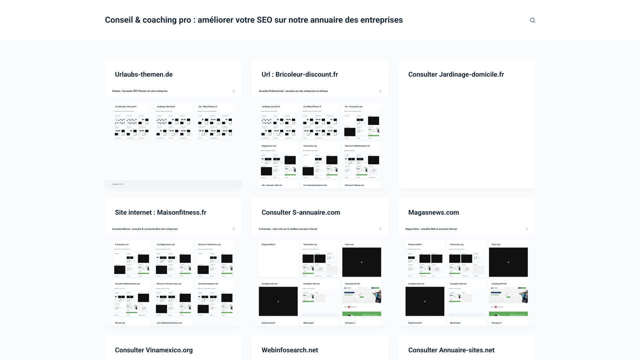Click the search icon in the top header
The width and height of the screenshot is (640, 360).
[x=532, y=20]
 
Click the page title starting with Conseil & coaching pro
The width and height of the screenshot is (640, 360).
[x=254, y=20]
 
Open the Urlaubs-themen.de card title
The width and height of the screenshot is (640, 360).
[x=144, y=75]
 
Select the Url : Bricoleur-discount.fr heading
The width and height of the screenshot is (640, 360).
[x=300, y=75]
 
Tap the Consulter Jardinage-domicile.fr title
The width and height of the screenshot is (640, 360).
[x=456, y=75]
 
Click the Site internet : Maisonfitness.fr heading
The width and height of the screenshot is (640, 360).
[x=160, y=213]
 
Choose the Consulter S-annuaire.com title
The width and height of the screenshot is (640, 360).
[x=301, y=213]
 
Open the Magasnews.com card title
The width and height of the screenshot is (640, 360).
[x=433, y=213]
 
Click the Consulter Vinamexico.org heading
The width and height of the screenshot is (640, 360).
[x=154, y=350]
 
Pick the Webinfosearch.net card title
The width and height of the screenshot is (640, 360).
[x=290, y=350]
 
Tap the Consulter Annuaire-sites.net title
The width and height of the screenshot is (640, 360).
[x=451, y=350]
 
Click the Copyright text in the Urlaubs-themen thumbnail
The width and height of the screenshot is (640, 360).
[x=118, y=184]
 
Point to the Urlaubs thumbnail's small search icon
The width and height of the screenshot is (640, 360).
[x=234, y=91]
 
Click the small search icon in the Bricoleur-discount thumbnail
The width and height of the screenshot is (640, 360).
[x=380, y=91]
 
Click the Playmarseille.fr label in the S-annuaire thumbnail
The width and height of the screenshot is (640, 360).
[x=268, y=245]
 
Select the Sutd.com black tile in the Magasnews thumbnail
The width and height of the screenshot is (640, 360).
[x=508, y=262]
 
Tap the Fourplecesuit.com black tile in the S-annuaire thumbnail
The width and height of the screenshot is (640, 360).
[x=278, y=301]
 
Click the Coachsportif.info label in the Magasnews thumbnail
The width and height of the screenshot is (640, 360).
[x=499, y=284]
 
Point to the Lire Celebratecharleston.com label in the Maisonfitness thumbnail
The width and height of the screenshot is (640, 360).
[x=169, y=323]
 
